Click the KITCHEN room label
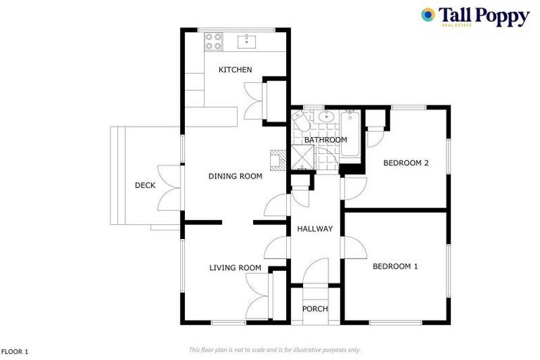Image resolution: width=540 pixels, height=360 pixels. (x=235, y=70)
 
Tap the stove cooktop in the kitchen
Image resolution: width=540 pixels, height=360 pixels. (x=213, y=41)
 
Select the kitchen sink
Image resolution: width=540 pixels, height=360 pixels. (x=246, y=41)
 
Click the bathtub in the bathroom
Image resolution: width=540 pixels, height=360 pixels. (x=349, y=132)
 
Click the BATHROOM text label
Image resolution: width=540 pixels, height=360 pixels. (x=325, y=140)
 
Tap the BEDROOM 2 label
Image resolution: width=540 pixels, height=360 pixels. (x=406, y=163)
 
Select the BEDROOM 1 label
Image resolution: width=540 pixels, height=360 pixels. (x=395, y=266)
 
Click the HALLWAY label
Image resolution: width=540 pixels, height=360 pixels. (x=314, y=229)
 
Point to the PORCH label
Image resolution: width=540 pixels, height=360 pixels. (x=314, y=309)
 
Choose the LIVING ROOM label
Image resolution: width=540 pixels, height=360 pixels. (x=235, y=268)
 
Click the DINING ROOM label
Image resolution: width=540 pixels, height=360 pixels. (x=235, y=176)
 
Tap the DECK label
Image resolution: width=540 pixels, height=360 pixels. (x=145, y=186)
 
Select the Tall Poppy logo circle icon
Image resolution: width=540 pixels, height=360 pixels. (x=427, y=15)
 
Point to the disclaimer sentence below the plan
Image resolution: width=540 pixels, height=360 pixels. (x=274, y=349)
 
